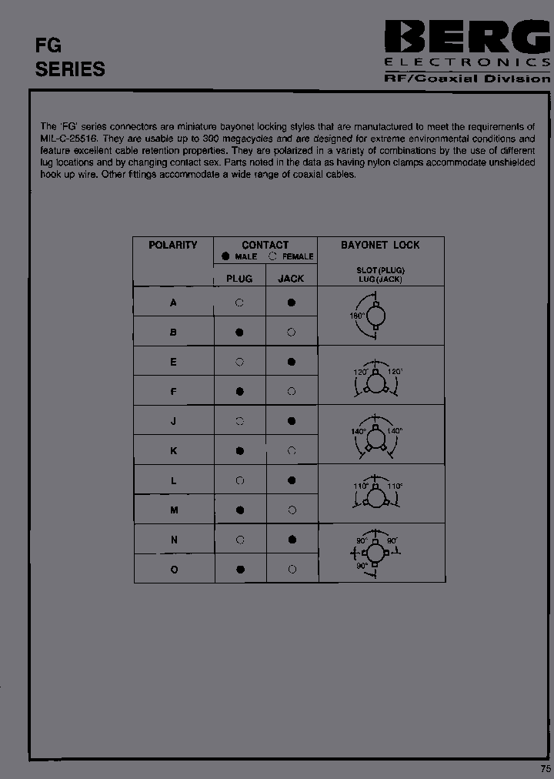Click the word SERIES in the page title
click(70, 69)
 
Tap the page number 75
click(546, 769)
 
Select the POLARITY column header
click(173, 245)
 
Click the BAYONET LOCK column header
click(380, 245)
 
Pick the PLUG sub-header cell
click(239, 279)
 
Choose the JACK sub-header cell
click(291, 279)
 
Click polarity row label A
click(173, 303)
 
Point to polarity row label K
click(173, 451)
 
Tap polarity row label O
click(174, 570)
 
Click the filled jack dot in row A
click(292, 303)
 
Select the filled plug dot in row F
click(239, 391)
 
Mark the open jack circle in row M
click(292, 510)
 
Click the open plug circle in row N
click(239, 540)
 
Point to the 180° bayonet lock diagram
click(374, 316)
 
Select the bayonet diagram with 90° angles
click(375, 553)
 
